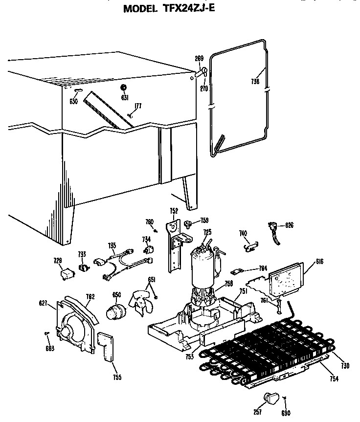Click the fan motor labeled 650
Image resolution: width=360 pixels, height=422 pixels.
[x=116, y=311]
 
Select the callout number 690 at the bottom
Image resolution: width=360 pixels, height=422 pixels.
[x=286, y=413]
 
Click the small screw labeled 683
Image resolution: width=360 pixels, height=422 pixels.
[x=46, y=334]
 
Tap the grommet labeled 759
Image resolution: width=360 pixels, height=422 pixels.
[x=188, y=224]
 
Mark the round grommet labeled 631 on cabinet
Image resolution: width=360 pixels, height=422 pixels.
[x=124, y=88]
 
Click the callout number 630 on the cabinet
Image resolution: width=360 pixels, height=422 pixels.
[x=73, y=102]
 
